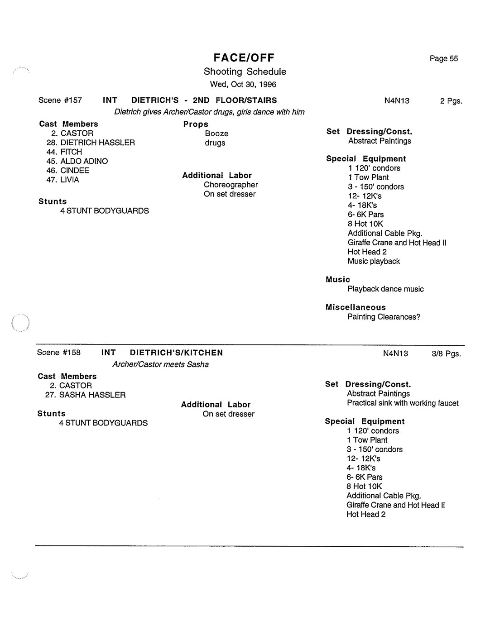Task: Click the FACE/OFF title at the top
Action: point(244,58)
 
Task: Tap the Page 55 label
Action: point(443,58)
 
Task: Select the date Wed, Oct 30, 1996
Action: point(243,85)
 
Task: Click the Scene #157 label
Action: point(60,100)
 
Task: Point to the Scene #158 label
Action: point(59,353)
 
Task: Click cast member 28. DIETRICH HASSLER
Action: point(91,143)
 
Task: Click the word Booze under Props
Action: point(216,134)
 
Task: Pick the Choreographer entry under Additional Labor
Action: point(231,185)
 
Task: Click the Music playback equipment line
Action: point(374,261)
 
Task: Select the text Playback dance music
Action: point(385,289)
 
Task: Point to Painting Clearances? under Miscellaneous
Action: point(384,317)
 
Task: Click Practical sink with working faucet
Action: point(403,403)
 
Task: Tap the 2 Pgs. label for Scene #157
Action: point(451,101)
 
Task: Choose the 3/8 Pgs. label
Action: point(446,353)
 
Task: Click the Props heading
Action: point(196,124)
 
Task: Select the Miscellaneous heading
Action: point(356,307)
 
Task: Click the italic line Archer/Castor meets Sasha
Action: point(160,365)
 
